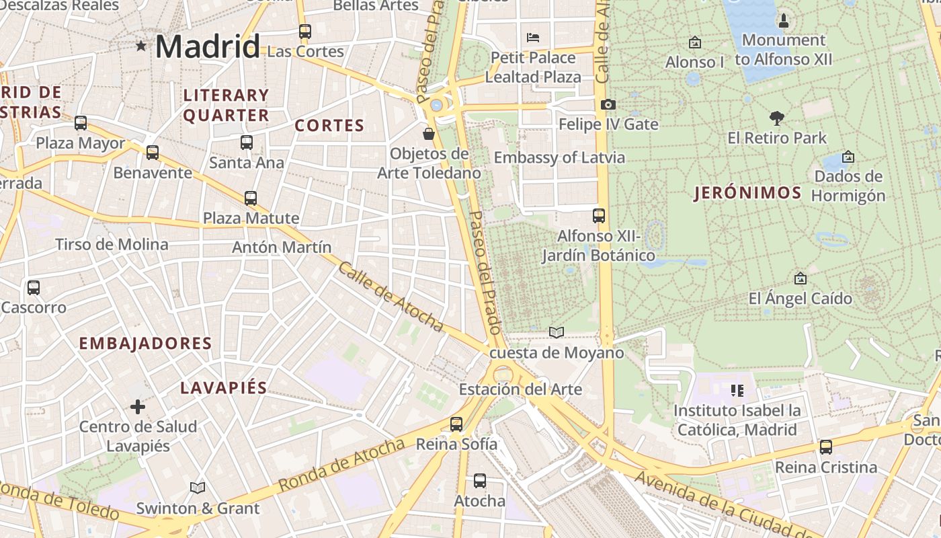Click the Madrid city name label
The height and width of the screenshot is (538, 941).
click(207, 46)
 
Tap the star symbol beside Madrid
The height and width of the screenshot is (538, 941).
click(141, 46)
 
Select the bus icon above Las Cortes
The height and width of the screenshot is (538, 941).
click(305, 31)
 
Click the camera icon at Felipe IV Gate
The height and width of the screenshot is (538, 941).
click(608, 104)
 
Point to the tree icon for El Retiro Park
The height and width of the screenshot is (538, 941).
click(777, 118)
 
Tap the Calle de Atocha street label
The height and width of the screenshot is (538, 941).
click(391, 297)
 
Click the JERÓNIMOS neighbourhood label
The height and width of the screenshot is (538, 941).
click(747, 194)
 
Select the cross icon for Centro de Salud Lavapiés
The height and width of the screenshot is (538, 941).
click(138, 406)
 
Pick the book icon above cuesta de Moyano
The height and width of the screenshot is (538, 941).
click(556, 332)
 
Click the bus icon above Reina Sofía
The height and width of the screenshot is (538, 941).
click(456, 424)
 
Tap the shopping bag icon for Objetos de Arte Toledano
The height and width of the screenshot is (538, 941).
click(429, 134)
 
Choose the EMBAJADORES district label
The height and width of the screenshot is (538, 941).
click(145, 344)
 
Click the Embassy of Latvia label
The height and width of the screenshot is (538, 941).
click(559, 158)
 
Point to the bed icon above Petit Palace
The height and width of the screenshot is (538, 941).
click(533, 37)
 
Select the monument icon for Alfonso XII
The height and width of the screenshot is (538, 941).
click(783, 21)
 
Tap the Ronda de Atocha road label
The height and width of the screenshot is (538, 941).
click(341, 464)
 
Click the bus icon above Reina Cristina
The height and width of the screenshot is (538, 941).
click(825, 447)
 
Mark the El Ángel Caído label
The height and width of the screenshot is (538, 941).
click(800, 299)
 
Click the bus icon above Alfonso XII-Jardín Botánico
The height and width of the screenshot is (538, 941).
click(598, 216)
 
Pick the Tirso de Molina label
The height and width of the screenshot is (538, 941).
click(112, 244)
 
